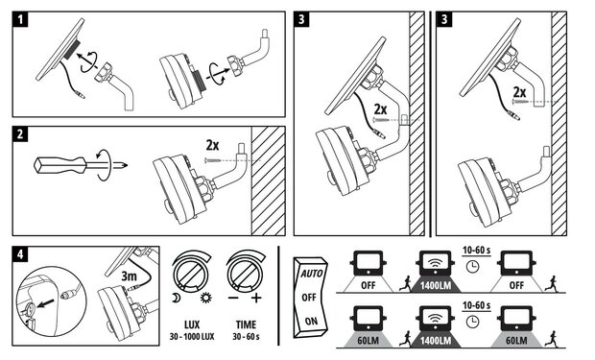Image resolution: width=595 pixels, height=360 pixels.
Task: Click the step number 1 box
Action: point(20,19)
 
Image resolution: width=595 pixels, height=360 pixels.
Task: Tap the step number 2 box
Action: point(20,134)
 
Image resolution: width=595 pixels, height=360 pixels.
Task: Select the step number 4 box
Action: point(20,254)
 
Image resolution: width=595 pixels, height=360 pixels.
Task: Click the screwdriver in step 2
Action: point(81,165)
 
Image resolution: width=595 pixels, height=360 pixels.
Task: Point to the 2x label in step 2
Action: point(212,145)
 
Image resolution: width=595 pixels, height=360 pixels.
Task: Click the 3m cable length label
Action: point(129,276)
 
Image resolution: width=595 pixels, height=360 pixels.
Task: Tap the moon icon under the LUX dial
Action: point(176,299)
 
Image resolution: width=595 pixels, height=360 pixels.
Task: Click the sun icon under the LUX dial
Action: point(206,299)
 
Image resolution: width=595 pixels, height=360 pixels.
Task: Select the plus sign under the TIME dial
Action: point(256,298)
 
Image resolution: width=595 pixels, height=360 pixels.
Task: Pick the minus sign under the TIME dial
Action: point(233,298)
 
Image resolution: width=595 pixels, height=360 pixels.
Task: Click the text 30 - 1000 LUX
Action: point(192,336)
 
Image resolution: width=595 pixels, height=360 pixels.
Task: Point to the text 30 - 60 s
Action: point(247,336)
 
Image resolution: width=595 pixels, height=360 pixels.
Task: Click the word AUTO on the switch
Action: point(312,273)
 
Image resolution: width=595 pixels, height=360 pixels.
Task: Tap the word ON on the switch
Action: point(311,322)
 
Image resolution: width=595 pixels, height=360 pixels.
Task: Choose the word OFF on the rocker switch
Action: point(309,298)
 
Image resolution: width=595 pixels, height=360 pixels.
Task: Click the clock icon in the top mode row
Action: point(472,266)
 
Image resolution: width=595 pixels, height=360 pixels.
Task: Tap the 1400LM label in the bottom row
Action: point(436,341)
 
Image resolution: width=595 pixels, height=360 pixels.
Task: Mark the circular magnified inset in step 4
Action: point(52,301)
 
